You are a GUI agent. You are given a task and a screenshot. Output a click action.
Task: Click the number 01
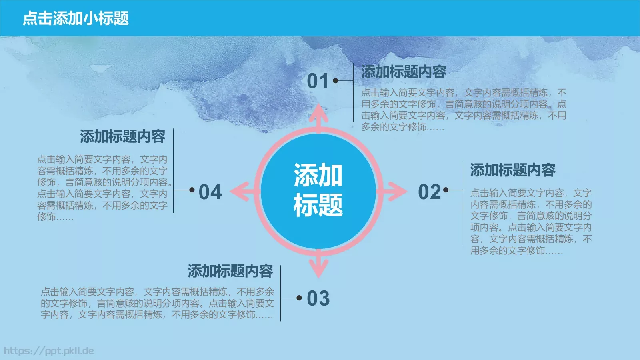[x=318, y=81]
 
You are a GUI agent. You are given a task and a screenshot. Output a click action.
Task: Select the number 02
[x=429, y=192]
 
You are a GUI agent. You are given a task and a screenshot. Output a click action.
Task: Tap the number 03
[x=318, y=298]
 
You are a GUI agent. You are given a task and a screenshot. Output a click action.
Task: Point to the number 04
[x=210, y=192]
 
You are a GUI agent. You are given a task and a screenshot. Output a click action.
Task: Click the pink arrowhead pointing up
[x=318, y=114]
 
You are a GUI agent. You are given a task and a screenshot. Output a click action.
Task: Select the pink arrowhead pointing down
[x=318, y=267]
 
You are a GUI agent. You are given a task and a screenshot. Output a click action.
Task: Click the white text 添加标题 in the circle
[x=318, y=190]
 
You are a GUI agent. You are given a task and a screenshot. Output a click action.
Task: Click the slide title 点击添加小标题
[x=76, y=18]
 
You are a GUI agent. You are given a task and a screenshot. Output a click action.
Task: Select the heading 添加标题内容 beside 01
[x=404, y=72]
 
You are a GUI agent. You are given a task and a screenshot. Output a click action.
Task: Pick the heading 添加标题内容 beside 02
[x=512, y=170]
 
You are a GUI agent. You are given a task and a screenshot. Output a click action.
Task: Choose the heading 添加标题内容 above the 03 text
[x=230, y=271]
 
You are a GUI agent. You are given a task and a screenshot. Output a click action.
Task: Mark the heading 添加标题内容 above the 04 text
[x=122, y=137]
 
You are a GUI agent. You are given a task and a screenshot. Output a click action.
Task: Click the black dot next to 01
[x=336, y=81]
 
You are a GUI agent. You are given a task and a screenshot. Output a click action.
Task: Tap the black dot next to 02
[x=446, y=190]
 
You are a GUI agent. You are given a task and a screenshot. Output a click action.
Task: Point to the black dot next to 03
[x=299, y=298]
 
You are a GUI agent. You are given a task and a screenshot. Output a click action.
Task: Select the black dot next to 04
[x=192, y=190]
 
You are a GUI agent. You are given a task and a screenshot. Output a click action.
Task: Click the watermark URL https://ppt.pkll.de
[x=49, y=351]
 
